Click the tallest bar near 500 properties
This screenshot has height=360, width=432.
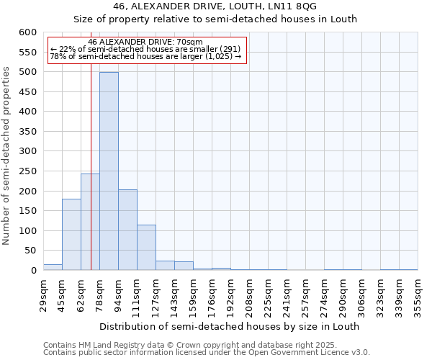tap(109, 171)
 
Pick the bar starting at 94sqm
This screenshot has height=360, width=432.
tap(127, 230)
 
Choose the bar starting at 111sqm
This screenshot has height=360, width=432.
tap(146, 248)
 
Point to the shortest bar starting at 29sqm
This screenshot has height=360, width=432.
tap(53, 267)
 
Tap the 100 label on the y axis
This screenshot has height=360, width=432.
tap(27, 231)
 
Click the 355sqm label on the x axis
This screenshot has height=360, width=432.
tap(418, 296)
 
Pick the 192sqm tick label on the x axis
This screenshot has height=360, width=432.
tap(230, 296)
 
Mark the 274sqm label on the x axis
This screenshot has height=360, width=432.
tap(324, 296)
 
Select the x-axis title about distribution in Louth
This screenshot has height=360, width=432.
tap(229, 326)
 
